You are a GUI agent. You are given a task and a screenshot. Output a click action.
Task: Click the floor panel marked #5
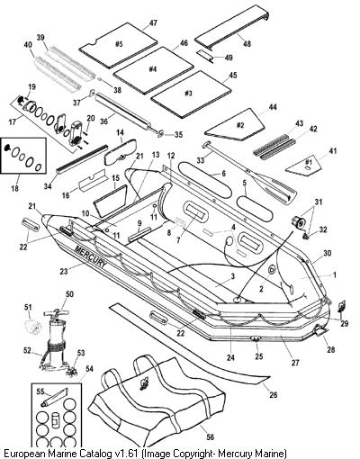point(118,45)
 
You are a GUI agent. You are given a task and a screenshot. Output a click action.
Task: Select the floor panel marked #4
point(153,69)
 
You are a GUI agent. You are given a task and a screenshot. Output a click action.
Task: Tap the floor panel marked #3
point(191,94)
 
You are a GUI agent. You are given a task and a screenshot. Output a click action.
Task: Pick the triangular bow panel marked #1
point(305,165)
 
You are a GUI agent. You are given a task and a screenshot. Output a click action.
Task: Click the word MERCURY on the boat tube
point(90,256)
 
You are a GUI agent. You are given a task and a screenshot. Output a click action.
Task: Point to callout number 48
point(247,44)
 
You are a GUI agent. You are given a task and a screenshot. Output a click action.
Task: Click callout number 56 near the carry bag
point(211,436)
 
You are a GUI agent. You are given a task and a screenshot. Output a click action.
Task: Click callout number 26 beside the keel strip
point(274,394)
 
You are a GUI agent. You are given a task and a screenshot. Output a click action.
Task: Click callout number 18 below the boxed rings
point(14,188)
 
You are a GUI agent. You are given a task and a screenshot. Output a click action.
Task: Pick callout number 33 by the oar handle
point(201,160)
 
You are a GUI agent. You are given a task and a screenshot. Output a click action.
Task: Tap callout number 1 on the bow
point(335,274)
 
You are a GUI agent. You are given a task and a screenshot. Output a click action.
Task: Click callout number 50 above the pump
point(69,294)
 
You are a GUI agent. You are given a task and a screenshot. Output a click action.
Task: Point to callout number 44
point(273,107)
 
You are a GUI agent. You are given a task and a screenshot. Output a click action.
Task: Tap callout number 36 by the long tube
point(103,121)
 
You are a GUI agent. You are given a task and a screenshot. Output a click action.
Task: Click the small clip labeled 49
point(205,56)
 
